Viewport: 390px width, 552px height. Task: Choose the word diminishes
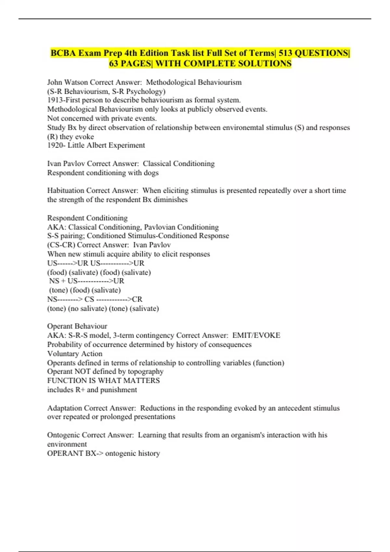click(170, 199)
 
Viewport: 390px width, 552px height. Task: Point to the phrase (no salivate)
click(87, 308)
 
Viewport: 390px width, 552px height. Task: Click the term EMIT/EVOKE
click(256, 335)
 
